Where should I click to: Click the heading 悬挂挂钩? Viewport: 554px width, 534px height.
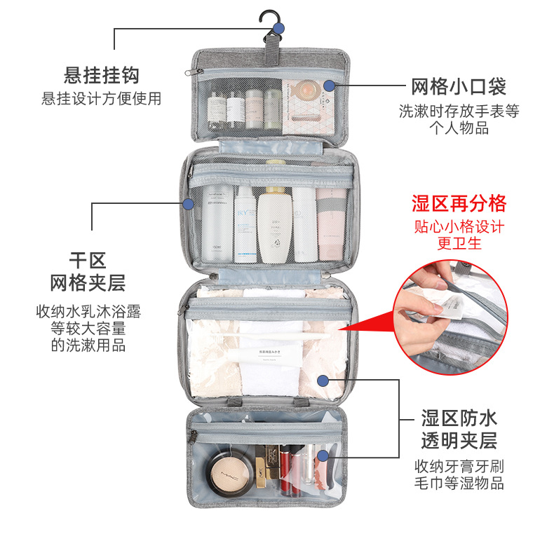pos(102,75)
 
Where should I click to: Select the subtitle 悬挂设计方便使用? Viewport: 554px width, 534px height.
pos(102,99)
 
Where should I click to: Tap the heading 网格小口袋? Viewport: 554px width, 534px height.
pos(459,87)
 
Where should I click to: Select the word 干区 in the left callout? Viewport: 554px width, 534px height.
pos(88,261)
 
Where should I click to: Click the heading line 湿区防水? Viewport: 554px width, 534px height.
pos(459,418)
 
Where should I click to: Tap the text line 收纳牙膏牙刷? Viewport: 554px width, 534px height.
pos(459,466)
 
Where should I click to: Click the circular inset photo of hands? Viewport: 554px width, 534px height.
pos(449,317)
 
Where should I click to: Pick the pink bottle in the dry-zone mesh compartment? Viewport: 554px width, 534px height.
pos(330,224)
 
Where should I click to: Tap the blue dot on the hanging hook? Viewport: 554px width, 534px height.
pos(278,28)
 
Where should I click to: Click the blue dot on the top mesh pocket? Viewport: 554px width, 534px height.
pos(329,85)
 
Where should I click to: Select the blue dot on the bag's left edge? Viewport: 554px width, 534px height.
pos(187,204)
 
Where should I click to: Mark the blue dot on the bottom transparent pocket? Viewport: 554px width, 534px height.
pos(322,456)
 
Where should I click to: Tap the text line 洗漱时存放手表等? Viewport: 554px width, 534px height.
pos(459,111)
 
